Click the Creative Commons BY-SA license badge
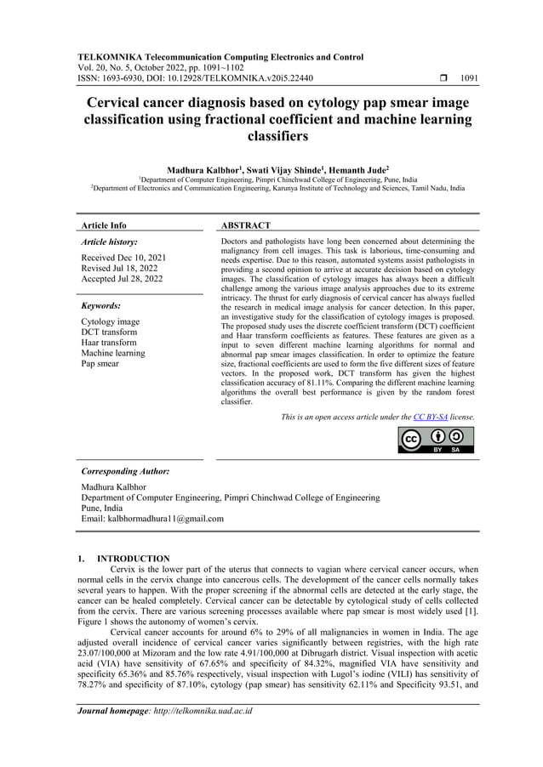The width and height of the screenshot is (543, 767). coord(436,440)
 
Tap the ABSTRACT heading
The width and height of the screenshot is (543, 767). coord(246,225)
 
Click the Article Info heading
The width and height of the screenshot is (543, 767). coord(104,225)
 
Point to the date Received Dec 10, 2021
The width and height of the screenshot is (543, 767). coord(123,257)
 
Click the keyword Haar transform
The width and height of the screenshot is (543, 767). coord(109,343)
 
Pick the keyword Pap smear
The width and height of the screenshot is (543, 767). coord(100,364)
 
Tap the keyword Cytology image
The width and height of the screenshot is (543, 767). coord(110,321)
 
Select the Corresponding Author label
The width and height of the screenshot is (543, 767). coord(125,471)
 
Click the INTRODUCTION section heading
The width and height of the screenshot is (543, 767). coord(134,559)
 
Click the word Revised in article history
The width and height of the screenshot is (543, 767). coord(98,268)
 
